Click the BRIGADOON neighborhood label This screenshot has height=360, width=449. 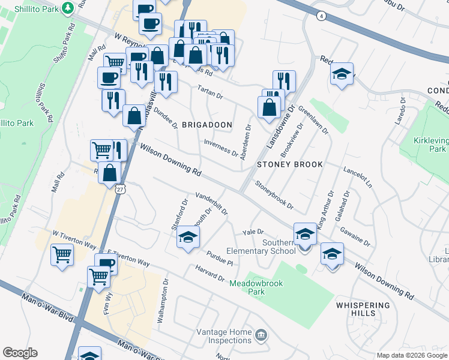(x=207, y=125)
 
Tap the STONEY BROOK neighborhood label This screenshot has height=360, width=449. (x=290, y=164)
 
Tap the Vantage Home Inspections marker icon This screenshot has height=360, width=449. (x=261, y=334)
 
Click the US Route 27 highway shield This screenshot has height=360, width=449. (x=121, y=189)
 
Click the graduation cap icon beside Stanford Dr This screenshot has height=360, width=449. (x=188, y=238)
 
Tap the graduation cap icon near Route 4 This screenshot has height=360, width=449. (x=342, y=74)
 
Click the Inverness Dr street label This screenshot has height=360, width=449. (x=221, y=146)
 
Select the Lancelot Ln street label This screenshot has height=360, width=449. (x=358, y=177)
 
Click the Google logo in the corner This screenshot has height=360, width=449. (x=20, y=353)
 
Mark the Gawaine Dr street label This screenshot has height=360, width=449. (x=355, y=236)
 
